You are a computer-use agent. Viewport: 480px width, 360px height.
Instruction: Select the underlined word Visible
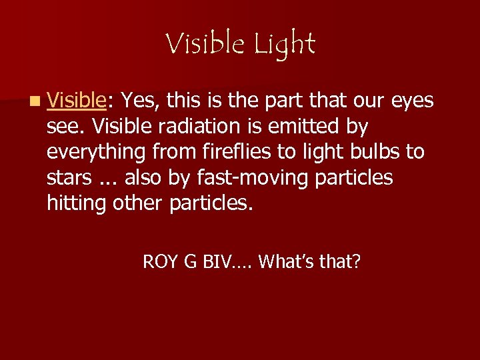click(x=77, y=101)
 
